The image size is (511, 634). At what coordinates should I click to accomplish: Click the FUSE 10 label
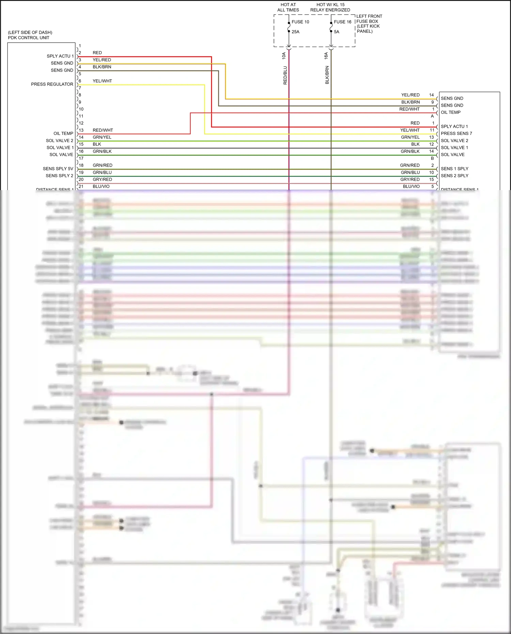coord(300,22)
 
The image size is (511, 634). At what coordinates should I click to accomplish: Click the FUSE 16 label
coord(342,22)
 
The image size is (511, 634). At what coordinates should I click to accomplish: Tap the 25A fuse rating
coord(295,32)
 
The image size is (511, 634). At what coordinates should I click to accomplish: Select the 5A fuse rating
coord(337,32)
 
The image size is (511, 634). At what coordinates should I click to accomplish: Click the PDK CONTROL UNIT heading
coord(29,37)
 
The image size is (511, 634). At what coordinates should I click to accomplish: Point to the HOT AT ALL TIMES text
coord(288,7)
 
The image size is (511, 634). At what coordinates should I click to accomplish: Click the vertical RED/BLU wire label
coord(285,75)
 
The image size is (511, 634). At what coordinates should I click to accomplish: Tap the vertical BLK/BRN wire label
coord(327,75)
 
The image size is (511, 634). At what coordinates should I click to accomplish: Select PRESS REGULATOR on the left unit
coord(52,84)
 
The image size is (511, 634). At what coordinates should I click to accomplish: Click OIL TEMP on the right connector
coord(450,112)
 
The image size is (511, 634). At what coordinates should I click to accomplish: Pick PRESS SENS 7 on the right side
coord(456,133)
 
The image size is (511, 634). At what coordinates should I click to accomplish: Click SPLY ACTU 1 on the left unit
coord(60,56)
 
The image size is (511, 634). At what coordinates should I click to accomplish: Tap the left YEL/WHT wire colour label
coord(102,81)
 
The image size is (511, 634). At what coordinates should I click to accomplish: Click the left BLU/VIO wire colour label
coord(101,186)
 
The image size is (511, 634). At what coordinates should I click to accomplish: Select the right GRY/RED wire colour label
coord(410,179)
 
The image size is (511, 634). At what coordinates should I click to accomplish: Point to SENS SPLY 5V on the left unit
coord(58,169)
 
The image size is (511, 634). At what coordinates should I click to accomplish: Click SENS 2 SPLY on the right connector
coord(454,175)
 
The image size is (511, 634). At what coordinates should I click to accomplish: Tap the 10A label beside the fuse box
coord(284,56)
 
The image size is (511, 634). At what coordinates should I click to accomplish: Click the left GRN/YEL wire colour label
coord(102,137)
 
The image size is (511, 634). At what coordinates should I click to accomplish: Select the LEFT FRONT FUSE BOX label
coord(369,24)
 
